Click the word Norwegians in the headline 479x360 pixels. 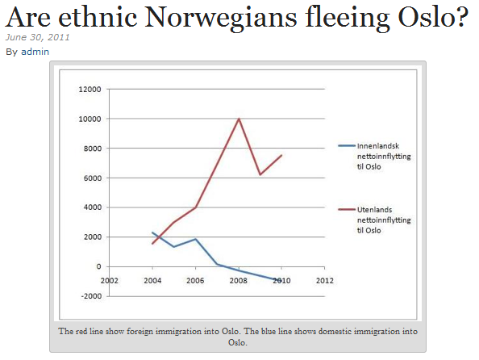pos(221,19)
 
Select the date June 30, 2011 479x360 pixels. pos(37,37)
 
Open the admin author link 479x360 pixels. pos(35,52)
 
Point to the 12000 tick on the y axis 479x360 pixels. pos(90,90)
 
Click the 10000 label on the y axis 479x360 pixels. pos(90,119)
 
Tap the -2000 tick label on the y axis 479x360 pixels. pos(91,296)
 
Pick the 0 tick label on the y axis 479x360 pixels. pos(98,266)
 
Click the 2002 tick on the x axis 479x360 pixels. pos(110,280)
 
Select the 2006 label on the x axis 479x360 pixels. pos(195,280)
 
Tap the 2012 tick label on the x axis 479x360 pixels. pos(325,280)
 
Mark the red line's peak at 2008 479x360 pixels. pos(239,119)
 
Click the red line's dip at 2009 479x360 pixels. pos(260,174)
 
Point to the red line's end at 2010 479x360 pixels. pos(281,155)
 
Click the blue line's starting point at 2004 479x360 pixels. pos(152,232)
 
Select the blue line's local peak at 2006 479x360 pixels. pos(195,239)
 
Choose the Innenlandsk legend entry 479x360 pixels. pos(374,157)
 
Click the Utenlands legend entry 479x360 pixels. pos(374,220)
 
